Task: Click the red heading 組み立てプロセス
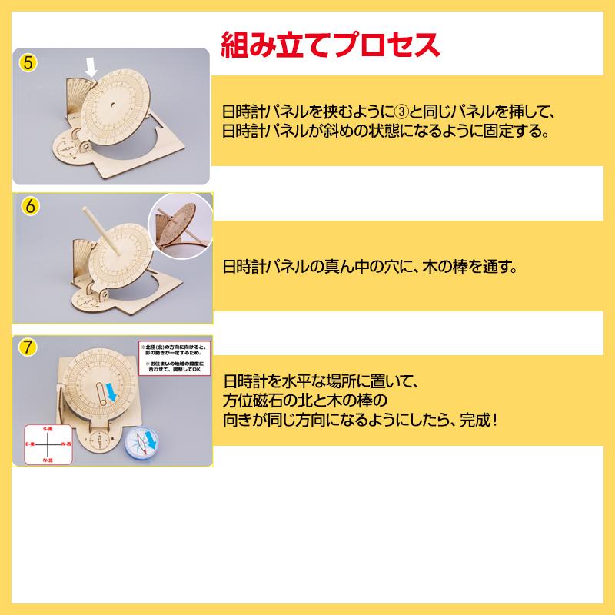coord(331,45)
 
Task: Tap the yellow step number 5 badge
coord(28,62)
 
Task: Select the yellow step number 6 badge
coord(28,207)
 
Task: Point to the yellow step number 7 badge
coord(28,347)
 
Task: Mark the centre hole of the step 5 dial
coord(113,105)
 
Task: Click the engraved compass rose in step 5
coord(65,145)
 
